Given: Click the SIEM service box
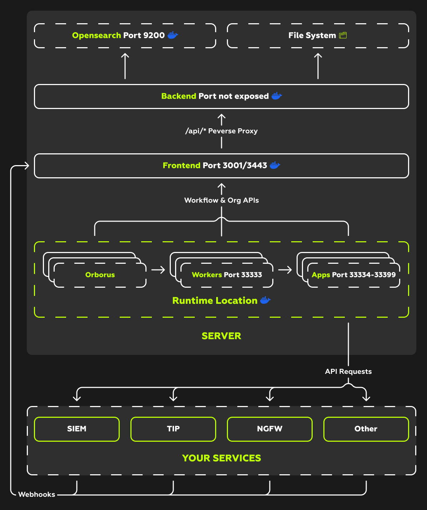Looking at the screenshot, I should click(77, 429).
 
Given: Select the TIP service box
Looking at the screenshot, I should click(173, 429).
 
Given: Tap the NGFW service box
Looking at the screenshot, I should click(270, 429).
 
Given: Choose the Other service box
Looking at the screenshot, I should click(366, 429).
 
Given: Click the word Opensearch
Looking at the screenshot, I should click(96, 35).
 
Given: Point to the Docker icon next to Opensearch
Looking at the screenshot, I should click(173, 35).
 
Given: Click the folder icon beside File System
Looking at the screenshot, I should click(343, 35).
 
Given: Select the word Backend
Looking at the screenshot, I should click(179, 96).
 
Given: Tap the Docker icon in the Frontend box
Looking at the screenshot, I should click(275, 165).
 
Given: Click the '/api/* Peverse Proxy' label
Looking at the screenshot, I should click(222, 131).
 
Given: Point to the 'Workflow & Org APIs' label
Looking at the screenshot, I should click(222, 200).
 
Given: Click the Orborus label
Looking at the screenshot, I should click(100, 275).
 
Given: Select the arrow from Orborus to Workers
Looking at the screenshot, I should click(158, 270).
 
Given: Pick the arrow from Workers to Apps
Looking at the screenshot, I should click(285, 270).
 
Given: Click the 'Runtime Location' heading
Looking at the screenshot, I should click(215, 301).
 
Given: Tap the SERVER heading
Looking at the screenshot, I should click(222, 336).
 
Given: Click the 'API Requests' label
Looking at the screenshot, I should click(348, 371).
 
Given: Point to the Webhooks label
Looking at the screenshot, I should click(37, 494).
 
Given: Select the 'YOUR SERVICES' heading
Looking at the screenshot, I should click(222, 458).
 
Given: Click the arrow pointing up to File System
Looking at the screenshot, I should click(318, 66).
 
